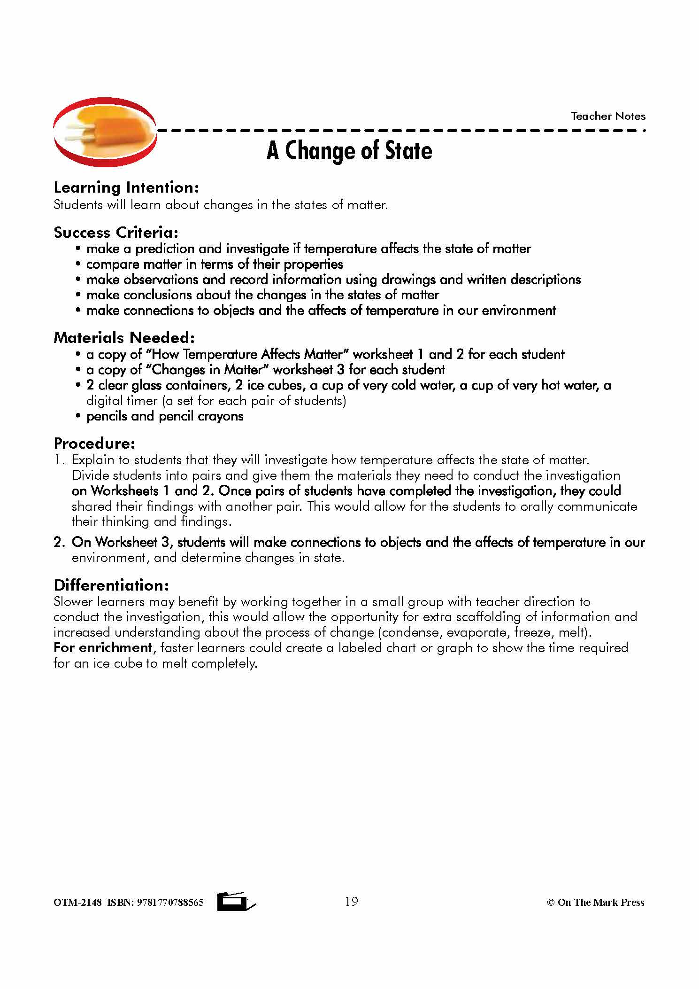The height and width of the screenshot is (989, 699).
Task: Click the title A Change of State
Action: coord(349,151)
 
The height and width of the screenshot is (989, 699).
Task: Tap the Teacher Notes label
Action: coord(608,116)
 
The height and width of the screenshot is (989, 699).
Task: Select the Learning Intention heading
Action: coord(126,187)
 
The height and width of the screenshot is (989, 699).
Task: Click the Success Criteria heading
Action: coord(116,232)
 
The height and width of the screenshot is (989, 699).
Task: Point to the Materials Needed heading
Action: coord(124,337)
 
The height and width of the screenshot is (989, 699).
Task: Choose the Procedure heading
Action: coord(94,443)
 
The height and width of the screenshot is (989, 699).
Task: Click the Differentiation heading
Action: coord(111,585)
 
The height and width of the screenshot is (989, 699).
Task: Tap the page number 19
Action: coord(351,901)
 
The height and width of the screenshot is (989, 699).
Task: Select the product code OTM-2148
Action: coord(77,903)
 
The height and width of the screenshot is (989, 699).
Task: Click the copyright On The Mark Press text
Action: coord(595,903)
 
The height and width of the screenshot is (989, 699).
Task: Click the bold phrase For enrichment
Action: coord(103,647)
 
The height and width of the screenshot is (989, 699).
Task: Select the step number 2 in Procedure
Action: coord(59,542)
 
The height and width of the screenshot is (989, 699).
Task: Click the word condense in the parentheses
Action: coord(413,632)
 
